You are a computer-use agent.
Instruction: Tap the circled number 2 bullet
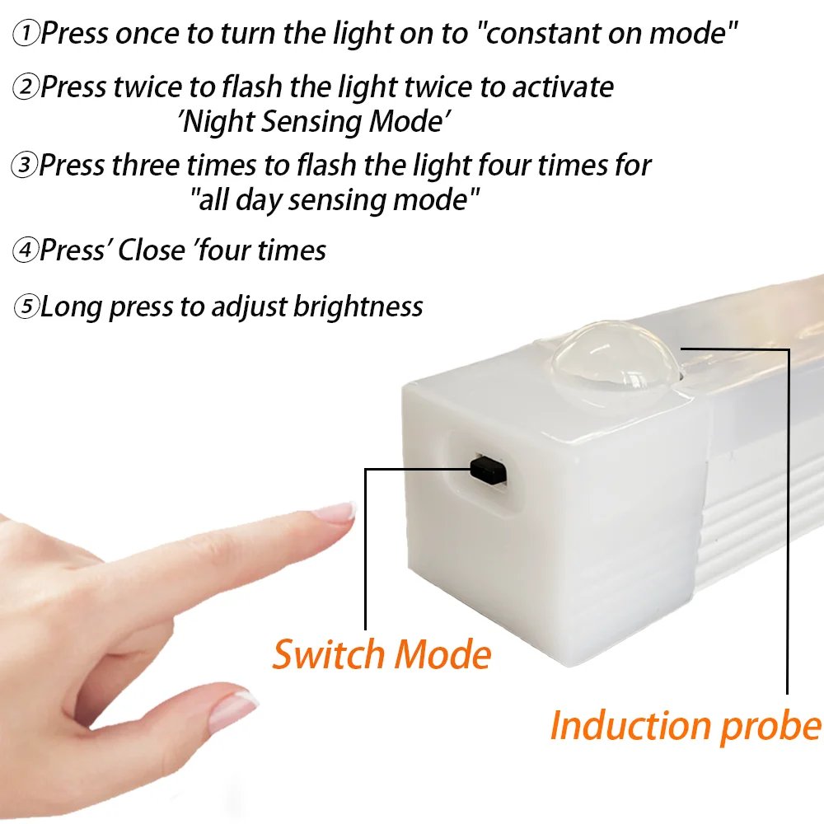pyautogui.click(x=26, y=87)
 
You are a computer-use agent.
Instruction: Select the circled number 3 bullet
pyautogui.click(x=26, y=166)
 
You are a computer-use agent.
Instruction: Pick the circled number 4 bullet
pyautogui.click(x=26, y=250)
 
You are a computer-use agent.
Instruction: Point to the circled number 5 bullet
pyautogui.click(x=26, y=307)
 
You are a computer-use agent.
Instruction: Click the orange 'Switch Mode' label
pyautogui.click(x=382, y=655)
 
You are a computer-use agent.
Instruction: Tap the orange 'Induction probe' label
pyautogui.click(x=686, y=725)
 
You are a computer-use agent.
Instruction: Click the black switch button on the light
pyautogui.click(x=488, y=469)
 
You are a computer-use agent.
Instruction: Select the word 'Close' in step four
pyautogui.click(x=151, y=250)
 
